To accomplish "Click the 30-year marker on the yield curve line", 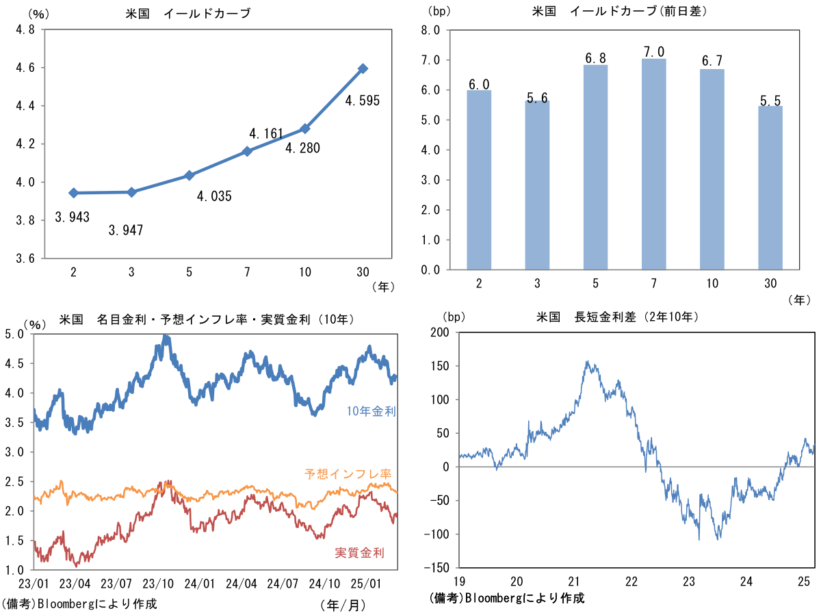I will [x=363, y=68].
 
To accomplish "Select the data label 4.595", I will [x=362, y=101].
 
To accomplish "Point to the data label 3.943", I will [x=73, y=218].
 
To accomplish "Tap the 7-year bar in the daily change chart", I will [x=653, y=164].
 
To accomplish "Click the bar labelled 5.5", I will [x=770, y=187].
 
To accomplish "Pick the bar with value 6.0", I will [x=479, y=180].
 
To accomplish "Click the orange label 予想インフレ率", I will [x=349, y=473].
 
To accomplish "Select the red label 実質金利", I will [x=360, y=552].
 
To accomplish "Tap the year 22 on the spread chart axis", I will [x=631, y=581].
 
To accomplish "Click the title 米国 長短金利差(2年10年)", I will [x=617, y=317].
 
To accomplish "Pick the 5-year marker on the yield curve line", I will [x=190, y=176].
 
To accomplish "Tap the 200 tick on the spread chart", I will [x=441, y=332].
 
